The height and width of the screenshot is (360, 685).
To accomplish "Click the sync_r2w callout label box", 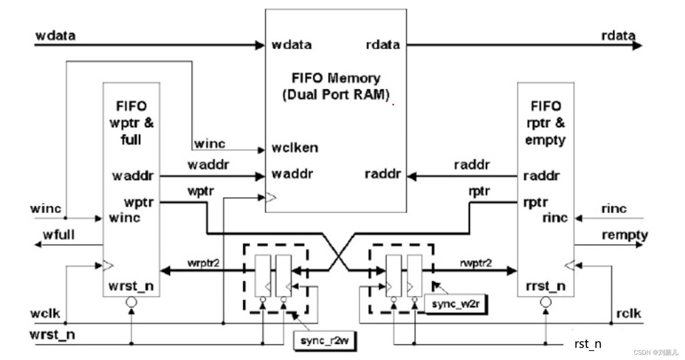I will point(325,341).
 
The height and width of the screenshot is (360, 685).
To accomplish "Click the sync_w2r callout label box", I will point(455,304).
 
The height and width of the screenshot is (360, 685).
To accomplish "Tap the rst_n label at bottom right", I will point(588,344).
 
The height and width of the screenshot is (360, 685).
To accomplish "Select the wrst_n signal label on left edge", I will point(52,335).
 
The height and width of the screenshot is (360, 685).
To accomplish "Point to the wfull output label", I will point(59,235).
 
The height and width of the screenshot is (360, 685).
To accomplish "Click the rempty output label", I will point(625,235).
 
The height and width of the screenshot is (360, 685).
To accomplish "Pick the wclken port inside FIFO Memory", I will point(295,148).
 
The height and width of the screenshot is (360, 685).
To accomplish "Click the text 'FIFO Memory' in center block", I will point(336,78).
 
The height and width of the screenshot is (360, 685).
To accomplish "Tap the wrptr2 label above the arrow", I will point(203,263).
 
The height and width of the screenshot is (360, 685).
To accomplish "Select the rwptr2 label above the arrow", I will point(476,263).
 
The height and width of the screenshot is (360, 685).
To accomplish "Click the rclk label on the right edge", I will point(629,313).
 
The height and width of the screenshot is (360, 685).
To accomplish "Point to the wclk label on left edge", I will point(45,313).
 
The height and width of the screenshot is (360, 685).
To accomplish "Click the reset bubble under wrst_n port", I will point(131,302).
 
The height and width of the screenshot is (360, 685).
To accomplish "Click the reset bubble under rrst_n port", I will point(546,302).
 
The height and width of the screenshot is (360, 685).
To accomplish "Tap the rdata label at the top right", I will point(618,36).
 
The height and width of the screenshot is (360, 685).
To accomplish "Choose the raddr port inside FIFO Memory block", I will point(383,174).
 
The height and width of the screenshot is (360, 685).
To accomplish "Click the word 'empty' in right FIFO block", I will point(545,140).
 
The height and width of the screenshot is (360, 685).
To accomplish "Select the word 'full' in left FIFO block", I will point(131,140).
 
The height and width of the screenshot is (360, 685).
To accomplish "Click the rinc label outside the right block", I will point(614,209).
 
